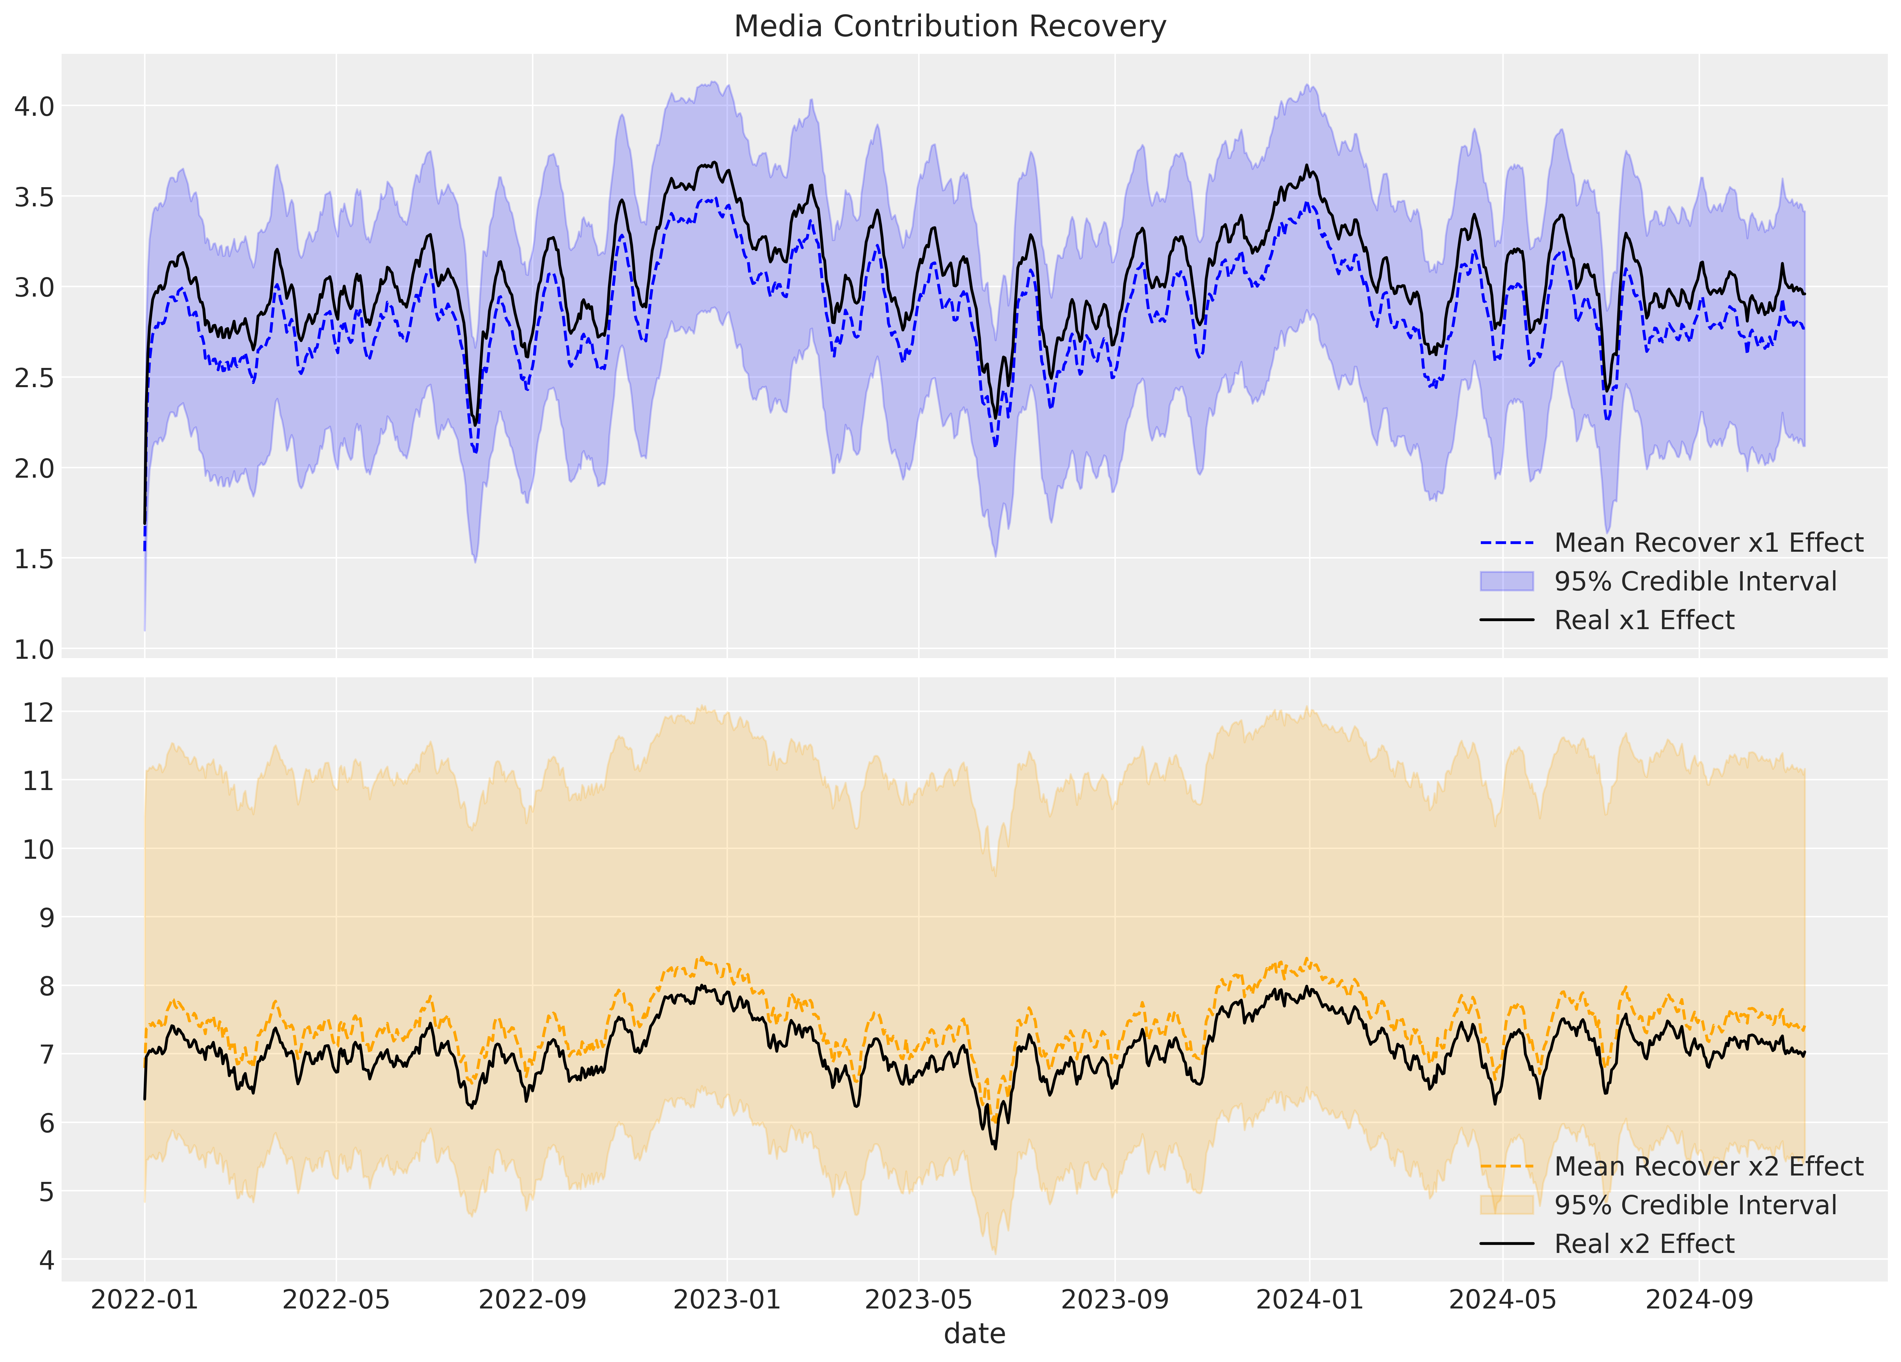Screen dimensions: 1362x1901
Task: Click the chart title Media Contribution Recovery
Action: (950, 27)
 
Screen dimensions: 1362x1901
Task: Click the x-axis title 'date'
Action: (974, 1333)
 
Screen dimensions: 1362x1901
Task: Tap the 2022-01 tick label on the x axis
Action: (144, 1300)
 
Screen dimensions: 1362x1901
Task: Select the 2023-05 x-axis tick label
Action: (919, 1300)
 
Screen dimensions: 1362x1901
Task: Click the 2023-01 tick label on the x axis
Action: (727, 1300)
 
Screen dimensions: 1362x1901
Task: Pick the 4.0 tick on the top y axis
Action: (34, 106)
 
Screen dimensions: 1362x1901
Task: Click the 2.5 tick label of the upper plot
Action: (34, 378)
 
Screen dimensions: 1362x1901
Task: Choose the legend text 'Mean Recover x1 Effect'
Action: (1708, 543)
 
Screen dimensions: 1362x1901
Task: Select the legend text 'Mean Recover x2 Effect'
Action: (1708, 1167)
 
